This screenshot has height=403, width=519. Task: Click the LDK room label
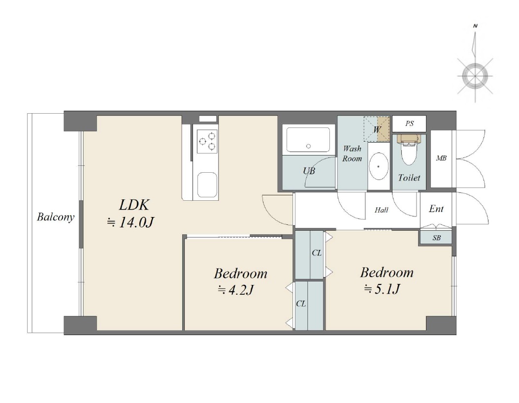coord(134,205)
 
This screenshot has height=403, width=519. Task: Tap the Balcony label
coord(56,217)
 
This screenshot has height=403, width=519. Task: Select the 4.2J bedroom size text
coord(236,290)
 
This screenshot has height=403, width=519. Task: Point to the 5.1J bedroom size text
coord(382,289)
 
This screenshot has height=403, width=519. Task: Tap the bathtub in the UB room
coord(308,140)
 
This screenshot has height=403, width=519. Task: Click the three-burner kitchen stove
coord(207,141)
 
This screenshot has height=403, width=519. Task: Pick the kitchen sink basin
coord(207,185)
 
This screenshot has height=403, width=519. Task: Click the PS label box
coord(409,124)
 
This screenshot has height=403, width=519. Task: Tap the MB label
coord(441,158)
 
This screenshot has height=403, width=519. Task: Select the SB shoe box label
coord(437,238)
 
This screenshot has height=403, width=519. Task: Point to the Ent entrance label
coord(436,209)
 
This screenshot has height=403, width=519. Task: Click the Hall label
coord(381,210)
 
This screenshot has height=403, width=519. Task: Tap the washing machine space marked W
coord(377,129)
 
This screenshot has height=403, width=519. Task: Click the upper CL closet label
coord(317,253)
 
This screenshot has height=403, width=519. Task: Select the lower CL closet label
coord(301,304)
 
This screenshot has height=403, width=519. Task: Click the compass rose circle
coord(475,76)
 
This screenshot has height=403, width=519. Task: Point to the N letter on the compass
coord(475,26)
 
